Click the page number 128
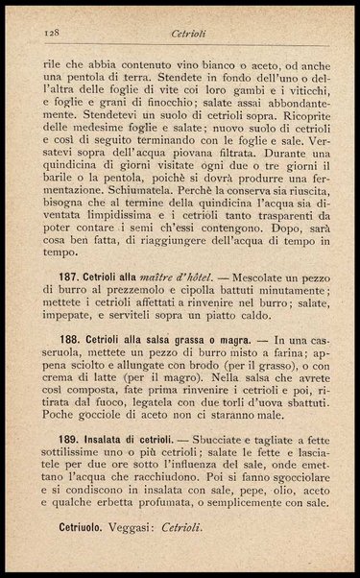click(52, 32)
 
